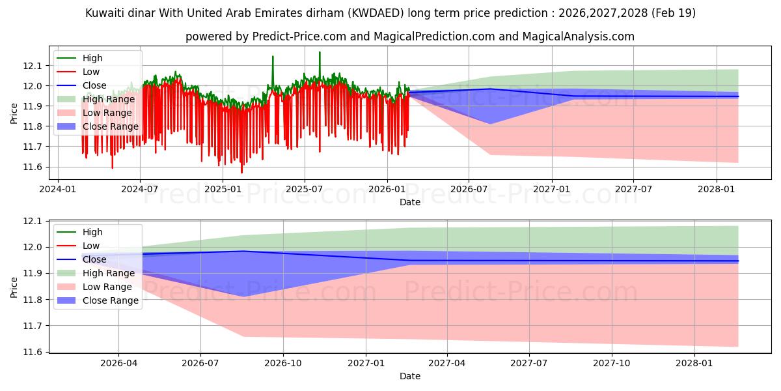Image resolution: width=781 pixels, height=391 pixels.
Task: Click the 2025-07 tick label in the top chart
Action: coord(305,189)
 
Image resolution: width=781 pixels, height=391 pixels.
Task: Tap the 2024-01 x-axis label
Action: coord(57,189)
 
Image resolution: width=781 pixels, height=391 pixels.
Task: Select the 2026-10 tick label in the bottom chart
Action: coord(282,363)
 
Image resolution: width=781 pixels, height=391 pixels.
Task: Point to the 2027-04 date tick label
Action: coord(447,363)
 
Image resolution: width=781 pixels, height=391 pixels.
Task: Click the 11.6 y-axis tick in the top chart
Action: coord(32,167)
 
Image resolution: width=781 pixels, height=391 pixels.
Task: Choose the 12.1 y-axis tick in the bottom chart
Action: coord(32,222)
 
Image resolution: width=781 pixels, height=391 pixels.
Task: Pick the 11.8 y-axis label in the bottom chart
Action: coord(32,300)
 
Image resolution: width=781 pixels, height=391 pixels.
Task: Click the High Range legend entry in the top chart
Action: coord(96,99)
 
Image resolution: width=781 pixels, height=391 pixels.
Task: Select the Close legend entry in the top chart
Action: coord(81,85)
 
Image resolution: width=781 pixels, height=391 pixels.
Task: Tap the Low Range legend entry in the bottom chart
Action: coord(94,287)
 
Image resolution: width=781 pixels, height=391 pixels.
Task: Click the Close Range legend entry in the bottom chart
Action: coord(98,300)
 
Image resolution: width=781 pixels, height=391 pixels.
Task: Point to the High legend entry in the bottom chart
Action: coord(79,232)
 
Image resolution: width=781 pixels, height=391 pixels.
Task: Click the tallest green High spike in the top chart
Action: coord(320,52)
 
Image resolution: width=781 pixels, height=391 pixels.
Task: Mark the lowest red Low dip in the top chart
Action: coord(241,173)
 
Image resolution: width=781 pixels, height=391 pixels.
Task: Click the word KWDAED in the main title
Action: coord(376,13)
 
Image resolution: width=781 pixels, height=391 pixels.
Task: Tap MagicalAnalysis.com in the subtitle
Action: coord(579,36)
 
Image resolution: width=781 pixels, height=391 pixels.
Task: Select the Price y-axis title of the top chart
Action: coord(14,113)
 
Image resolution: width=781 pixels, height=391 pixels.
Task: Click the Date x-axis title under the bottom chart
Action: coord(409,376)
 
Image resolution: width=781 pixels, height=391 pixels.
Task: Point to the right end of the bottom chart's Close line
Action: coord(738,261)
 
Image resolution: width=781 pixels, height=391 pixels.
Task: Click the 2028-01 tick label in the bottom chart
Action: coord(694,363)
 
